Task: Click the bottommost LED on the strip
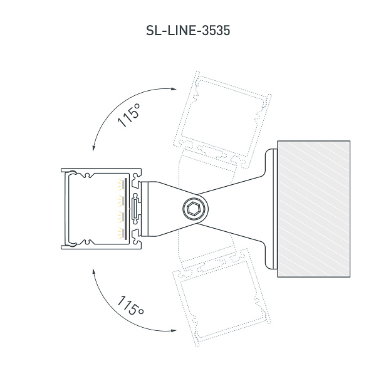[120, 233]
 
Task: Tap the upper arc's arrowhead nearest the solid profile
[93, 148]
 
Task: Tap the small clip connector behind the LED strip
[134, 209]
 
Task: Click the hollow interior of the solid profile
[94, 209]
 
